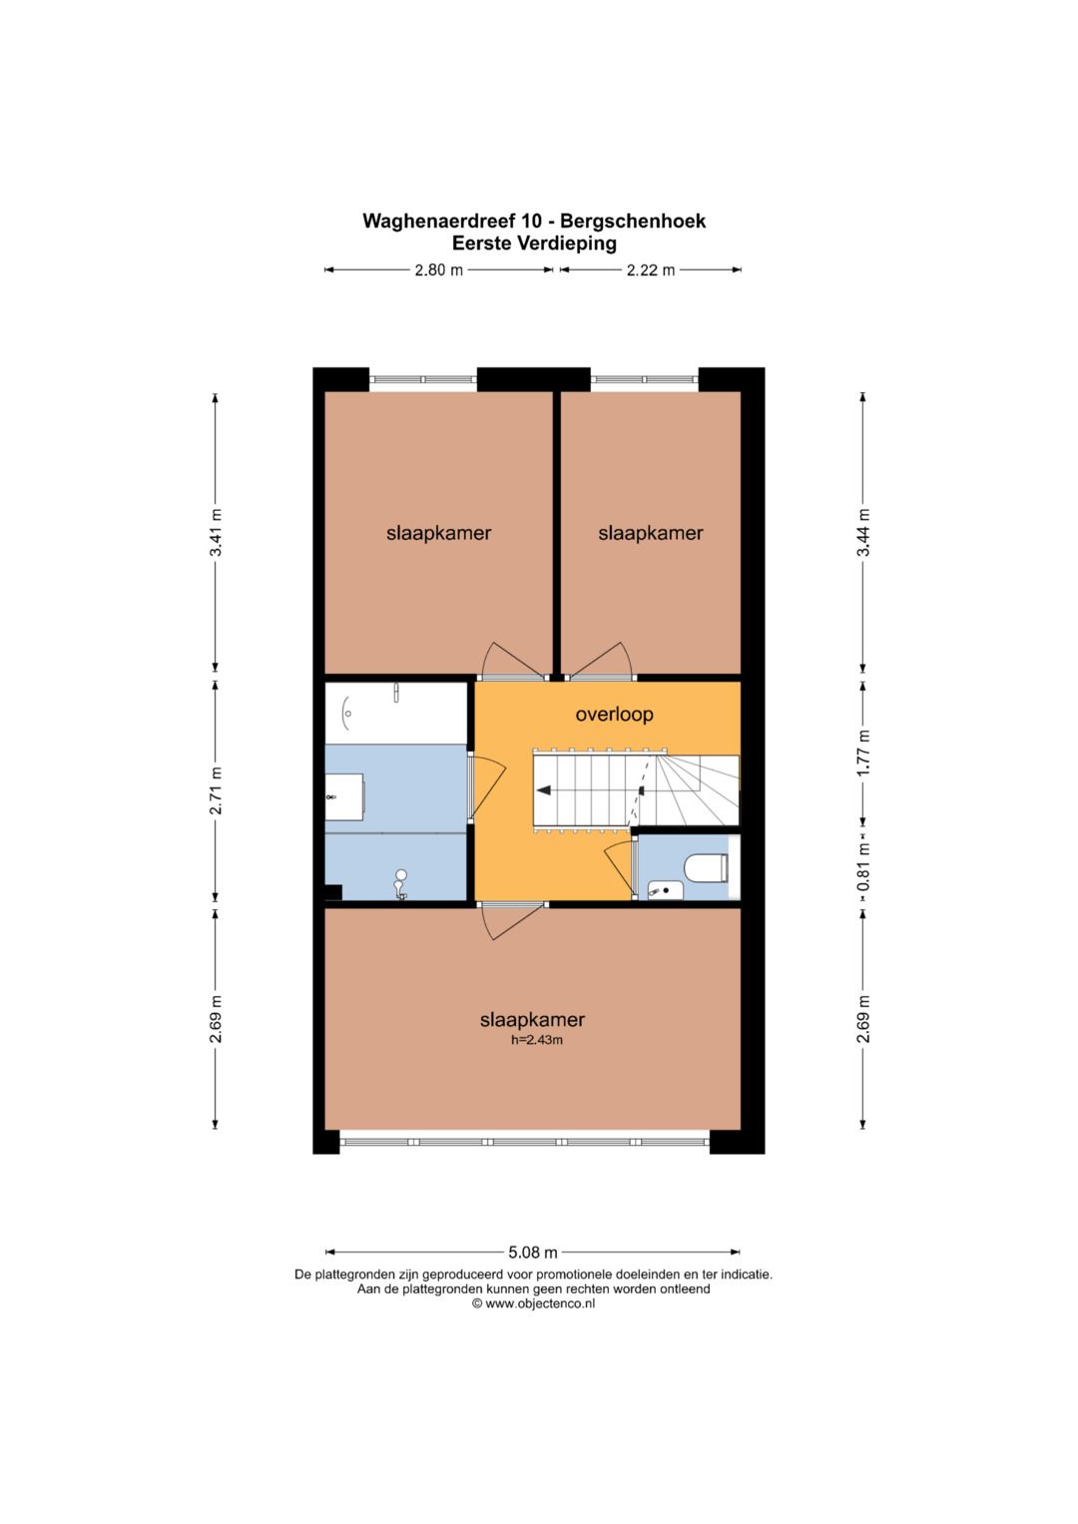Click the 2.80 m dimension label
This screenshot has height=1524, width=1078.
click(x=439, y=270)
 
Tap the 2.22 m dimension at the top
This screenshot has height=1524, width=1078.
click(x=651, y=270)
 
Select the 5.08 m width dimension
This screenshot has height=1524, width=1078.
click(x=533, y=1252)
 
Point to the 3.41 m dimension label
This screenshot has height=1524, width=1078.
click(x=216, y=532)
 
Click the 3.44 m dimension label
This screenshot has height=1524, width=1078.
click(x=863, y=532)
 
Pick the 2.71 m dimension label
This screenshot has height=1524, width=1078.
click(x=216, y=790)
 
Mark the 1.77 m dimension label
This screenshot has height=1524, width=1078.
click(x=863, y=754)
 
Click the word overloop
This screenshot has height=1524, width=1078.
click(x=614, y=715)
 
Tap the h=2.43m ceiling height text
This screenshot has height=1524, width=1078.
click(x=537, y=1040)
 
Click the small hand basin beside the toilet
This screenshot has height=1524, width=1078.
click(x=665, y=889)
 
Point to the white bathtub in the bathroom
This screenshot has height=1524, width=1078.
click(x=395, y=714)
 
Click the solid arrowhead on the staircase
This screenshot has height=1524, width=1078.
click(x=544, y=790)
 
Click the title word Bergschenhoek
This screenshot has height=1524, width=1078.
click(x=633, y=222)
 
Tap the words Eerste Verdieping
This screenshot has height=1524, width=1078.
click(x=534, y=243)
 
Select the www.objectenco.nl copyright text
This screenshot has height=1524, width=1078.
click(x=534, y=1303)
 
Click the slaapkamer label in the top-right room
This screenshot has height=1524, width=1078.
click(x=651, y=533)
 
